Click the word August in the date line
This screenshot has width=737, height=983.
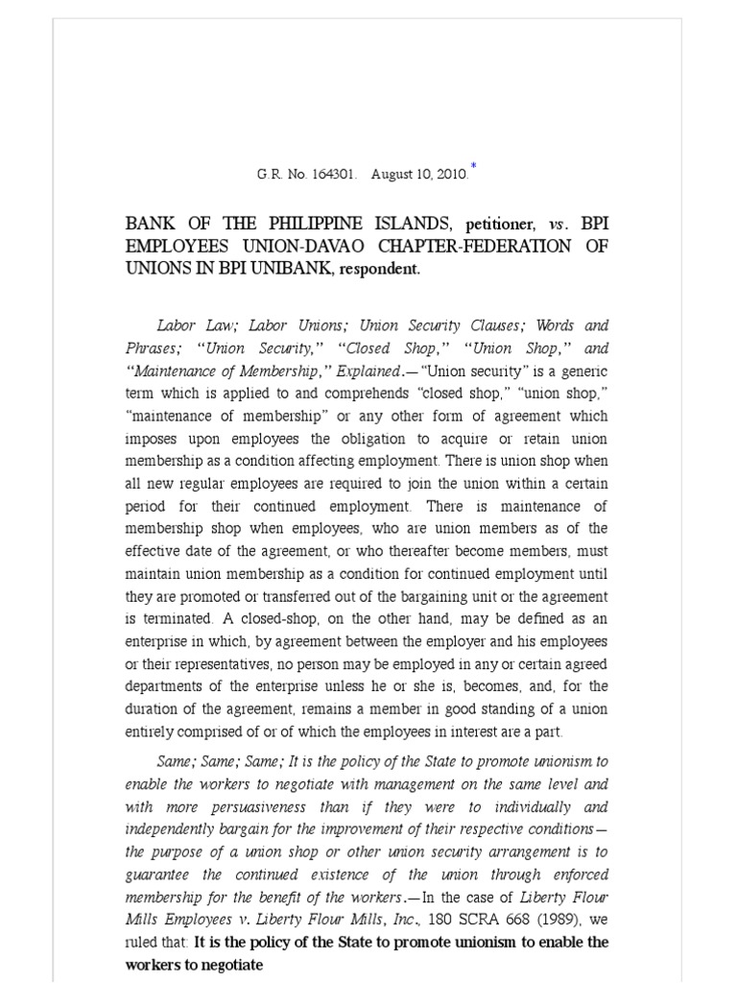click(x=392, y=176)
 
